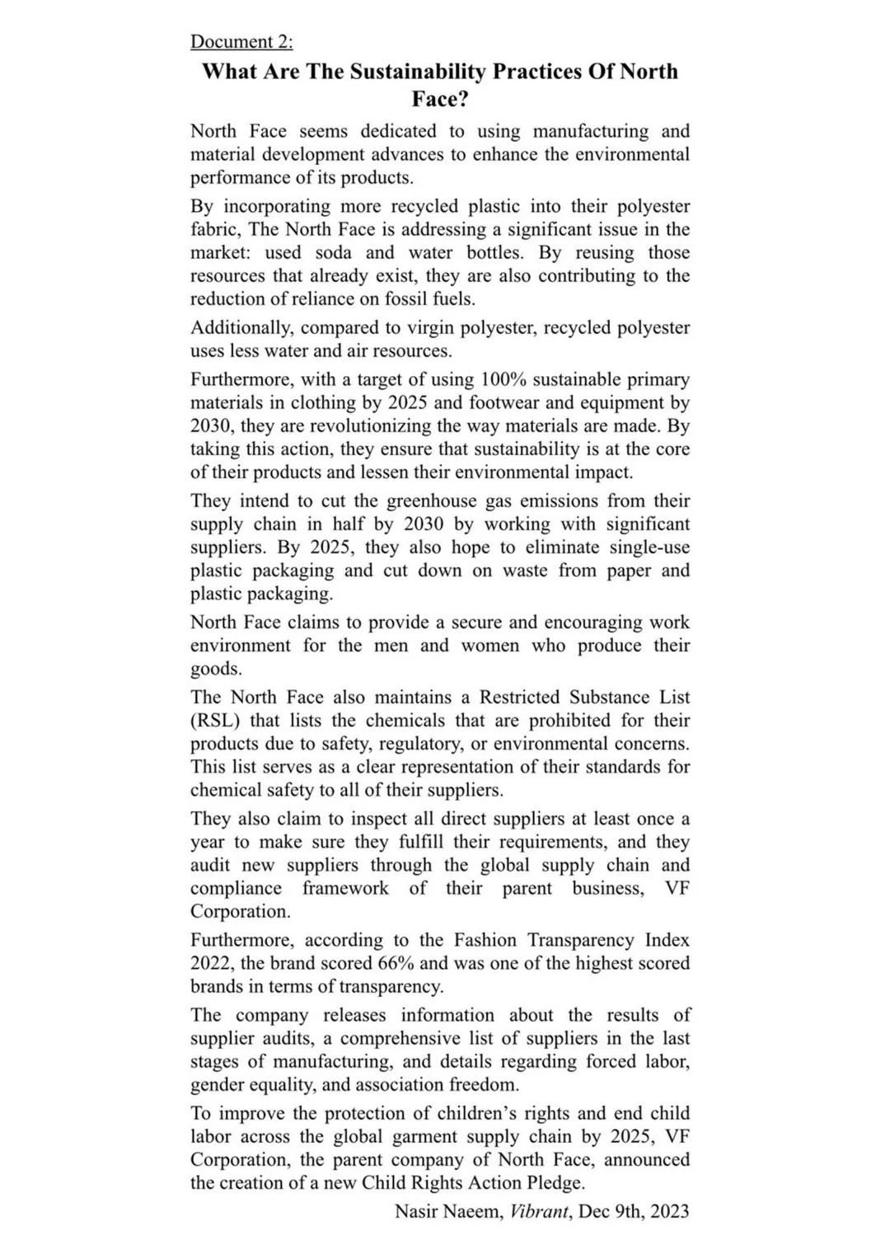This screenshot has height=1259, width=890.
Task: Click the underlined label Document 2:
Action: tap(241, 41)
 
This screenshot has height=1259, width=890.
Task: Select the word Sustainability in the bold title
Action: tap(418, 72)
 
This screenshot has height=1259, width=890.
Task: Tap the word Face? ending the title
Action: tap(440, 99)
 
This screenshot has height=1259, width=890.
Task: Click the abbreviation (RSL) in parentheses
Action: tap(214, 720)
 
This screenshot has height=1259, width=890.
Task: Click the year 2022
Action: tap(211, 963)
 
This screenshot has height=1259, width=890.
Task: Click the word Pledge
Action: tap(554, 1182)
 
